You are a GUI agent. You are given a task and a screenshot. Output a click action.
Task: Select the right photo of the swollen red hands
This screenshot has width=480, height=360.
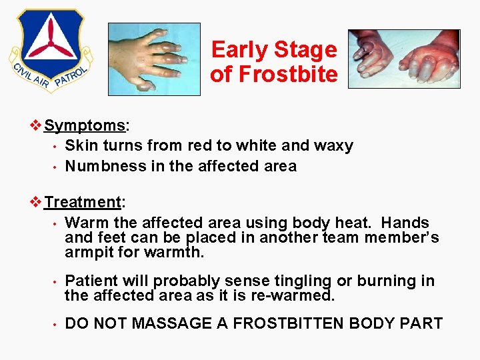click(403, 59)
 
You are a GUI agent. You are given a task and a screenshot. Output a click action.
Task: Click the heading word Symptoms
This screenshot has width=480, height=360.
click(85, 125)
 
